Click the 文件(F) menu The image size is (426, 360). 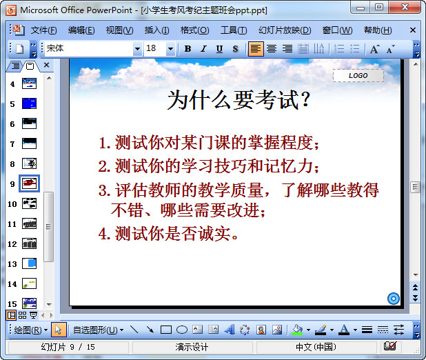click(x=43, y=30)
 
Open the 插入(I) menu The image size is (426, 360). click(x=156, y=30)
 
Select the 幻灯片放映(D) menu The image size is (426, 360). click(x=284, y=30)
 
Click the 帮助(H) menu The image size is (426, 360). click(x=377, y=30)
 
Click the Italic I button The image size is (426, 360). click(x=203, y=49)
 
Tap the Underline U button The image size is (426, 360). click(x=219, y=49)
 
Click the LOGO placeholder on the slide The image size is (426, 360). click(x=358, y=75)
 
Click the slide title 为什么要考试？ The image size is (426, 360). click(x=238, y=101)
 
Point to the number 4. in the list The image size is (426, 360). click(x=105, y=234)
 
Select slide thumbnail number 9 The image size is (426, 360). click(x=30, y=183)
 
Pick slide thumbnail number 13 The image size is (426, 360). click(x=30, y=263)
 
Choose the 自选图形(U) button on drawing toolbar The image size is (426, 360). click(x=97, y=330)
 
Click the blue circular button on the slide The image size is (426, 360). click(x=394, y=298)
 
